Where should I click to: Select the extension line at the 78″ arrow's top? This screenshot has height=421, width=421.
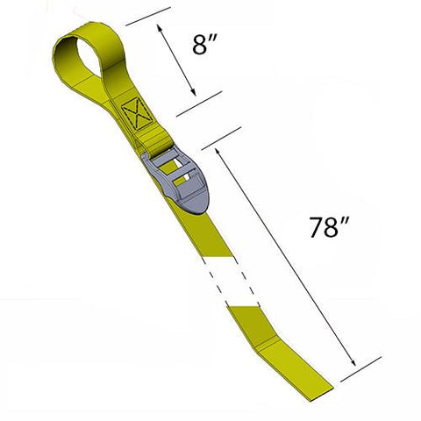[223, 135]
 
